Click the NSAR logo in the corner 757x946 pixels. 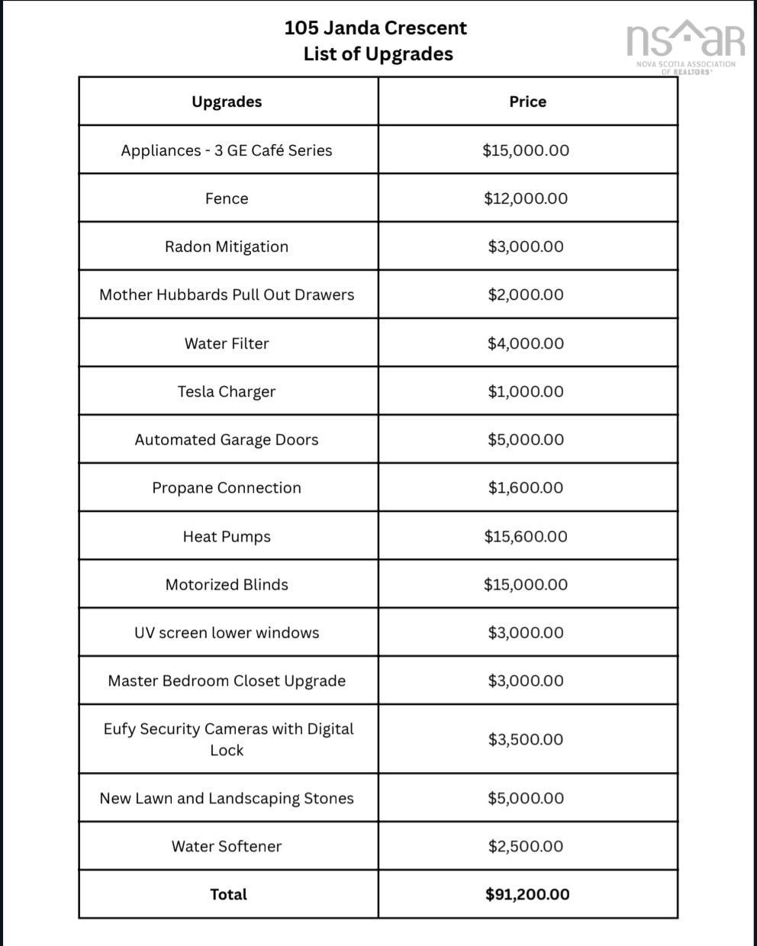685,46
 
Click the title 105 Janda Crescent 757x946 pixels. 375,28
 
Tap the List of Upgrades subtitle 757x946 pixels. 378,54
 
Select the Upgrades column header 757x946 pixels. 227,101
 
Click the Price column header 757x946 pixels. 527,101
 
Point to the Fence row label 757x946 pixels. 227,198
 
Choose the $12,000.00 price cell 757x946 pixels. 526,198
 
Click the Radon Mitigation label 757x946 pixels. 227,246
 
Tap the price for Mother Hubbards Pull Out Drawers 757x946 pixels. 526,294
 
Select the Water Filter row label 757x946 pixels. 227,343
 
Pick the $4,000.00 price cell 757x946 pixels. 526,343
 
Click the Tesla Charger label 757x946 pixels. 227,391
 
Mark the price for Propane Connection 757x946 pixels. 526,487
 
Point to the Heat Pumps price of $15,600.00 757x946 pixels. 526,536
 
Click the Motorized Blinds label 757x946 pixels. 227,584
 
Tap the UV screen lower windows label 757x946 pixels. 227,632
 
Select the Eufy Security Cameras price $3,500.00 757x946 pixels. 526,739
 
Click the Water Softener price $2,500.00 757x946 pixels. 526,846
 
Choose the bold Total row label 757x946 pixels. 228,894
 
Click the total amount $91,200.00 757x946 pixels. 527,894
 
